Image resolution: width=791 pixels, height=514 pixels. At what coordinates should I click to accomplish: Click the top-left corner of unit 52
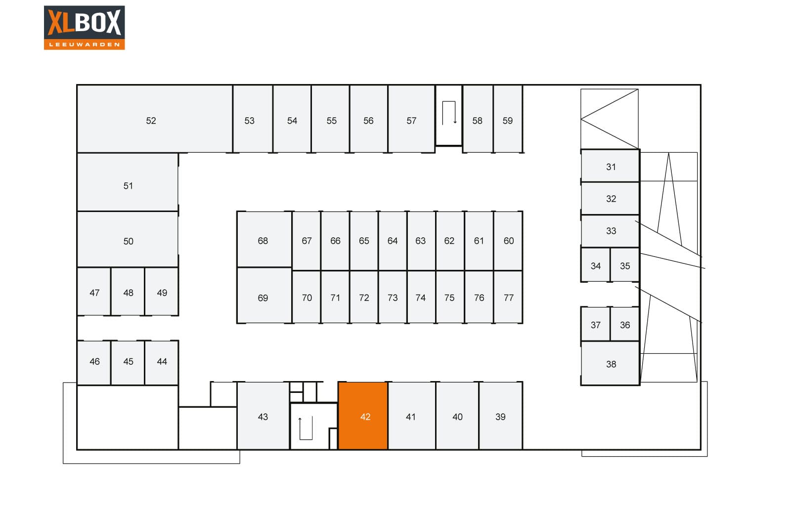coord(77,85)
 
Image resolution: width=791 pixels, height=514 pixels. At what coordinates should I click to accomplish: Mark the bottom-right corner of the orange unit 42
coord(388,449)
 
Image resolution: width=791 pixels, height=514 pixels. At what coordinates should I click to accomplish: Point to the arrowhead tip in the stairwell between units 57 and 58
coord(455,123)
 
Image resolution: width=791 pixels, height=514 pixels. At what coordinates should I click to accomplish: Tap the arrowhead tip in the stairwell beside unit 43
coord(300,418)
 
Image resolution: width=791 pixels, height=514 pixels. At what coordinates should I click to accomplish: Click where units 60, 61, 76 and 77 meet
coord(494,271)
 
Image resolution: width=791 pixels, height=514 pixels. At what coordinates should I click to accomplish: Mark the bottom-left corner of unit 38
coord(581,385)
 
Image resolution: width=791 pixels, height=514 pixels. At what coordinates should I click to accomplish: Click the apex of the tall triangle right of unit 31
coord(668,153)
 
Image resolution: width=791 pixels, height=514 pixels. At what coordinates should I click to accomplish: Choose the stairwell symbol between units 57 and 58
coord(449,113)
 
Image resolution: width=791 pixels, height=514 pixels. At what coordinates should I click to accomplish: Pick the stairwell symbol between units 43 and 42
coord(306,428)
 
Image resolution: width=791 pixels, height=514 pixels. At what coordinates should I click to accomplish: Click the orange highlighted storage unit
coord(363,416)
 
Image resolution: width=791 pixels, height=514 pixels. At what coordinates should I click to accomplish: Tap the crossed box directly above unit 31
coord(610,119)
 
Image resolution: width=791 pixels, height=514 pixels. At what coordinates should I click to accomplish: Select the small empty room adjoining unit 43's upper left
coord(224,394)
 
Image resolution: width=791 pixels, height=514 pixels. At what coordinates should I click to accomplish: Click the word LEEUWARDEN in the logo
coord(85,44)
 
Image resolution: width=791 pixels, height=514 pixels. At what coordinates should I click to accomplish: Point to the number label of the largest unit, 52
coord(151,121)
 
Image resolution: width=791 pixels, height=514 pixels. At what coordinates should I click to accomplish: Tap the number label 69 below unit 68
coord(263,298)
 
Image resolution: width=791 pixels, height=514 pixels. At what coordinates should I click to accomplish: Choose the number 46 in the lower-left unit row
coord(94,361)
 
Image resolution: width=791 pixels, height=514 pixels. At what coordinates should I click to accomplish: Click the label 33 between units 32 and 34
coord(611,231)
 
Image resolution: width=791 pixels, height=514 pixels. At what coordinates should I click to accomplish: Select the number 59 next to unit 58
coord(508,121)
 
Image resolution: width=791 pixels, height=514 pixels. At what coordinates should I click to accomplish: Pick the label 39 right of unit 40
coord(500,417)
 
